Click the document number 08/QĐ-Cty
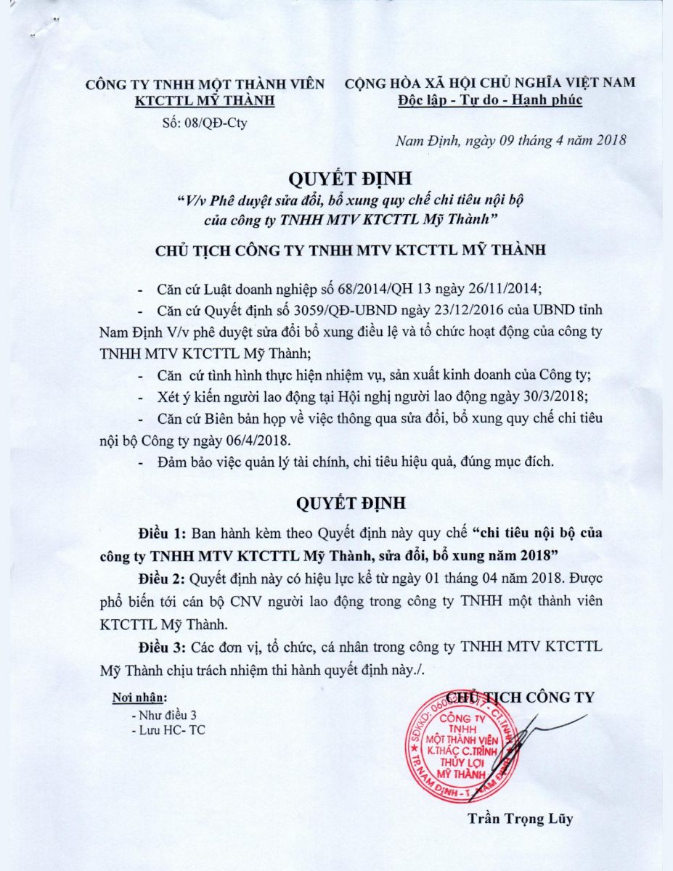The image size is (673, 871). point(217,123)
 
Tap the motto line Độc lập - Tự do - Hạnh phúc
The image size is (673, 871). point(490,100)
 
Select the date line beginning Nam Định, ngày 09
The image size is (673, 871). point(510,141)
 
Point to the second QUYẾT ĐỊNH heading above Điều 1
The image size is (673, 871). point(350,502)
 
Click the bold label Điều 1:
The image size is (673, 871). point(161,533)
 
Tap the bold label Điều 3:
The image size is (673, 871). point(161,647)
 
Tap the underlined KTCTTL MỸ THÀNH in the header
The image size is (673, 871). point(205,100)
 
